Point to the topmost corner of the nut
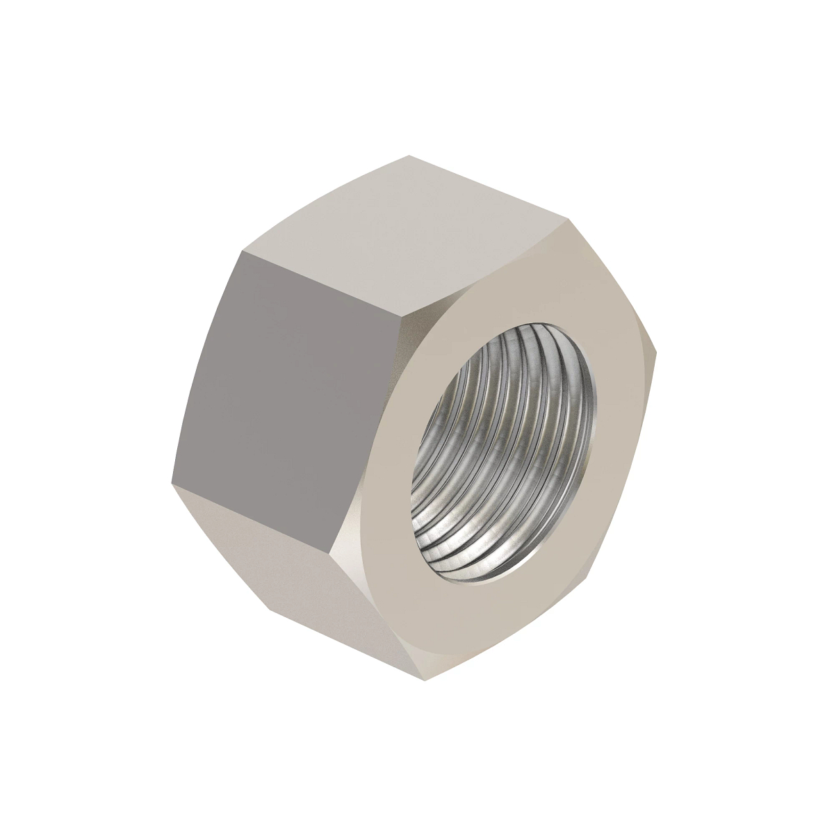click(x=410, y=156)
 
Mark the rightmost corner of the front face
click(x=656, y=347)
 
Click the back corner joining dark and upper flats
click(x=243, y=251)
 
